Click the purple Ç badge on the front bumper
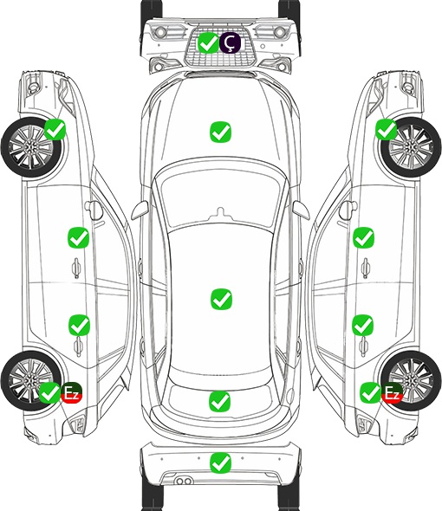coord(230,42)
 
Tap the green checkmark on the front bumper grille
coord(208,42)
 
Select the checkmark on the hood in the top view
coord(220,132)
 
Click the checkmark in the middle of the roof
coord(221,299)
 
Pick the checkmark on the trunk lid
coord(219,401)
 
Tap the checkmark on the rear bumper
coord(220,462)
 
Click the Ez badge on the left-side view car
coord(71,392)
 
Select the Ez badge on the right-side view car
coord(392,392)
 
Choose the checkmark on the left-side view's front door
coord(78,237)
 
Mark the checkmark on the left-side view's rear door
coord(79,325)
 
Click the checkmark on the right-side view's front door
coord(363,237)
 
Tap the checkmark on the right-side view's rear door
coord(363,325)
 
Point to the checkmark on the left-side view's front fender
coord(55,129)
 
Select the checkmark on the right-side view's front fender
coord(387,129)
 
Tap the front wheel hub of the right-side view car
coord(411,147)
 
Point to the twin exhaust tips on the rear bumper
coord(184,481)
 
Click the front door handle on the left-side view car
coord(76,268)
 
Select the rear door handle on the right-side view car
coord(364,346)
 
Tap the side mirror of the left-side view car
coord(94,210)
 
